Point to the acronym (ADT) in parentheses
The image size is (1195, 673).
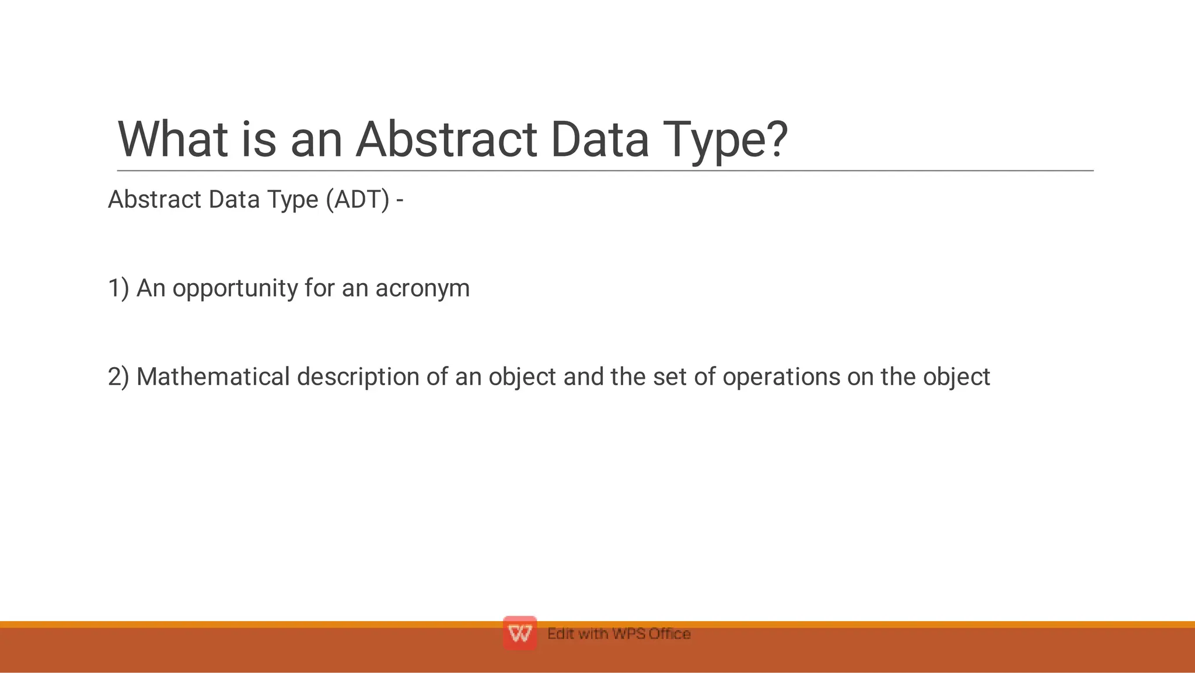pyautogui.click(x=357, y=200)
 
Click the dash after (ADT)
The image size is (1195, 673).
pyautogui.click(x=400, y=200)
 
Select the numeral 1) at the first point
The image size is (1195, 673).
pyautogui.click(x=118, y=288)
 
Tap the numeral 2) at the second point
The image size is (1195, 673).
pyautogui.click(x=118, y=377)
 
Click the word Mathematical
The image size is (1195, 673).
pyautogui.click(x=213, y=377)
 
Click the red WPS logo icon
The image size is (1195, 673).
pyautogui.click(x=519, y=633)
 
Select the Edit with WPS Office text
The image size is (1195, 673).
pyautogui.click(x=619, y=634)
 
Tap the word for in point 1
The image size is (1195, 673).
pyautogui.click(x=319, y=288)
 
